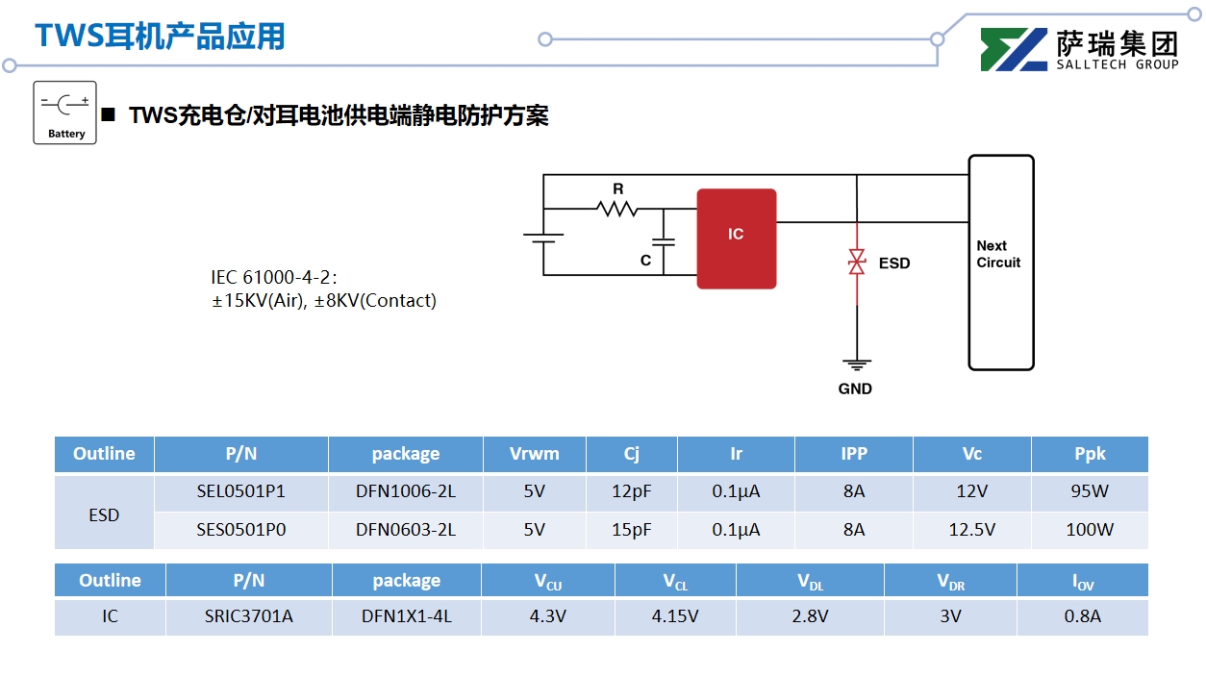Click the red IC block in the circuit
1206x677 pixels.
coord(736,238)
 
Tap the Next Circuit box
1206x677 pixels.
coord(1000,262)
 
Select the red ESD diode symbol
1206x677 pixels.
coord(856,262)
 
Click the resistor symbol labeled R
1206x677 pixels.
coord(616,208)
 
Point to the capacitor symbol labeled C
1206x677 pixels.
coord(663,241)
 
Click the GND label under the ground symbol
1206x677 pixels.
coord(855,389)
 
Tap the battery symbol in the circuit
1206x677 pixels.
coord(543,240)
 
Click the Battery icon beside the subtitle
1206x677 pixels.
coord(65,113)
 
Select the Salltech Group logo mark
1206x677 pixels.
coord(1014,50)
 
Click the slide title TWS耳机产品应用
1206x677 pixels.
coord(161,36)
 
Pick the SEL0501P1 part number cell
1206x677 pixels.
coord(240,491)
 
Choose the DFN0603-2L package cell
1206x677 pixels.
coord(405,529)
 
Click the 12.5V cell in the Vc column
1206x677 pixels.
coord(971,529)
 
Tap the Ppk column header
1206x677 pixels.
coord(1090,454)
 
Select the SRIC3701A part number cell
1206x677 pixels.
coord(248,616)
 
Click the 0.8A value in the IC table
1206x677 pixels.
coord(1082,616)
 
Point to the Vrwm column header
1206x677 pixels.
coord(534,454)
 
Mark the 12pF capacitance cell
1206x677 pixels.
coord(631,491)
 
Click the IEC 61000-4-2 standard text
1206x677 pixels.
coord(274,277)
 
